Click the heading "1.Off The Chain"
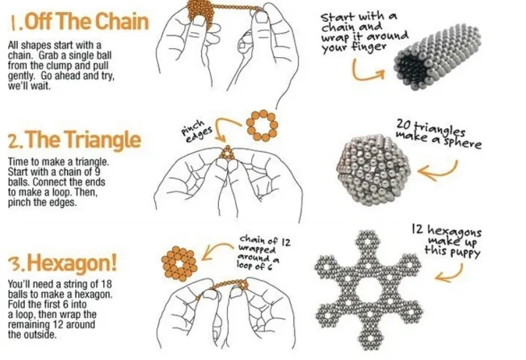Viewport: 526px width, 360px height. (x=79, y=22)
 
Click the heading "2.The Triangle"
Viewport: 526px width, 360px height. (x=74, y=139)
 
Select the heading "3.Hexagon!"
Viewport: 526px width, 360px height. (x=62, y=263)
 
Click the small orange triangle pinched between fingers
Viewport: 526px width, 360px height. (x=227, y=152)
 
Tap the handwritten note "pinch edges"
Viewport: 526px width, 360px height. (x=197, y=131)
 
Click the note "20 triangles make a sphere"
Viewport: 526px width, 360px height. (x=439, y=133)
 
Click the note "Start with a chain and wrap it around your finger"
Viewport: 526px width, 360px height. (x=364, y=32)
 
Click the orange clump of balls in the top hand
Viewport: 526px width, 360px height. (x=201, y=12)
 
